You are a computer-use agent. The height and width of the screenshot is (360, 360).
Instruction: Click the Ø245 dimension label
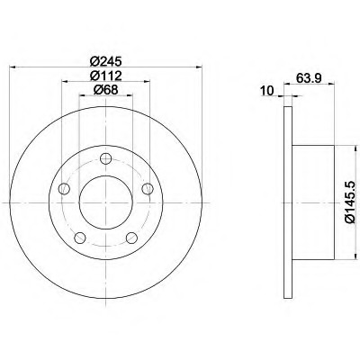[x=106, y=61]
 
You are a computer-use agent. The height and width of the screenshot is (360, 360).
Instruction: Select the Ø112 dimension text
[x=106, y=76]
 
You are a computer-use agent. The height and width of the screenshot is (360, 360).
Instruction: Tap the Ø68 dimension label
[x=105, y=90]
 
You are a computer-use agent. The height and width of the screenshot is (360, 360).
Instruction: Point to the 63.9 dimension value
[x=309, y=78]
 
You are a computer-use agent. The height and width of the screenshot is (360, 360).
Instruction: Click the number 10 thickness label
[x=267, y=91]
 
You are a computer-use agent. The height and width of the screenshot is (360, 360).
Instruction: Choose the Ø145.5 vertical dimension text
[x=351, y=202]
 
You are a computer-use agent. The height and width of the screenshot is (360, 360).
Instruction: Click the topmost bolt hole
[x=106, y=158]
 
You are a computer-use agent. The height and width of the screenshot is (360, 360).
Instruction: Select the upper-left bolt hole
[x=64, y=189]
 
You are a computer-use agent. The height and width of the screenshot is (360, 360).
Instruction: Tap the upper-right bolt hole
[x=148, y=189]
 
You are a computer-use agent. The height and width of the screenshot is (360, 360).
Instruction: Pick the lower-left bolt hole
[x=80, y=238]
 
